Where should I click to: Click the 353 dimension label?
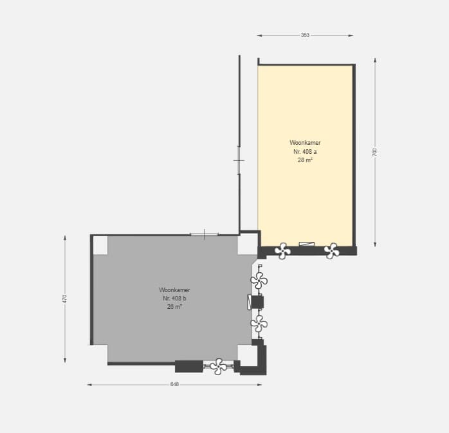pyautogui.click(x=305, y=35)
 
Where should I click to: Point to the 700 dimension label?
pyautogui.click(x=375, y=152)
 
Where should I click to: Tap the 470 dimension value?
pyautogui.click(x=65, y=299)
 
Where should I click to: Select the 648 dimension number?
pyautogui.click(x=174, y=384)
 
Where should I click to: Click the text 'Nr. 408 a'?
pyautogui.click(x=305, y=151)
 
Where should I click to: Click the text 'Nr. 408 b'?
pyautogui.click(x=174, y=299)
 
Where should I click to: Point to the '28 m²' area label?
pyautogui.click(x=305, y=160)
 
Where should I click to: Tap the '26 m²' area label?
pyautogui.click(x=174, y=307)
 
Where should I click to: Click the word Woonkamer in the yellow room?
pyautogui.click(x=305, y=143)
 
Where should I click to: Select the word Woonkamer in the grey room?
pyautogui.click(x=174, y=290)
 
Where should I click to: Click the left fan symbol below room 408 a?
pyautogui.click(x=282, y=251)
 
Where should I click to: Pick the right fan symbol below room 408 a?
pyautogui.click(x=331, y=251)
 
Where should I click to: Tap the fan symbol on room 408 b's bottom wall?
pyautogui.click(x=219, y=366)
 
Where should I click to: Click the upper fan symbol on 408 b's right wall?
pyautogui.click(x=259, y=281)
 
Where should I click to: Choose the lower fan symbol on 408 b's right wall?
pyautogui.click(x=259, y=324)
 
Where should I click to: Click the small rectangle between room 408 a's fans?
pyautogui.click(x=307, y=244)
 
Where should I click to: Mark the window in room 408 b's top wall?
pyautogui.click(x=204, y=235)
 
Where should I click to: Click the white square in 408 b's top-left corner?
pyautogui.click(x=100, y=245)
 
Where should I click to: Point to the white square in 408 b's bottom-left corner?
pyautogui.click(x=100, y=354)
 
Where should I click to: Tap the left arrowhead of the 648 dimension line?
pyautogui.click(x=89, y=385)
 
